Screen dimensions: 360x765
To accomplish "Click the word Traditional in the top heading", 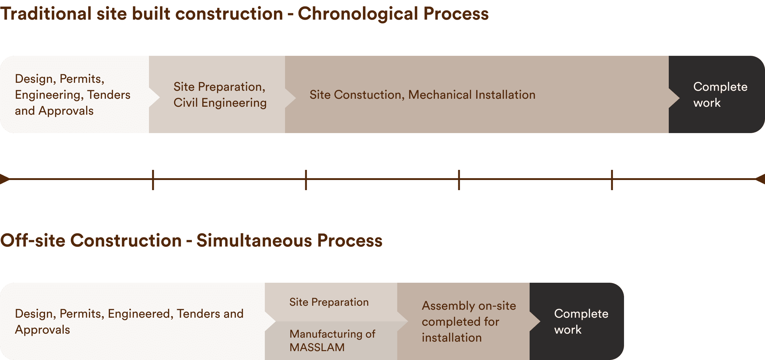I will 46,14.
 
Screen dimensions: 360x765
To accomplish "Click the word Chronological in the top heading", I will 358,14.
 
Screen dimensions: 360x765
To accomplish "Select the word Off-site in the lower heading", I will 33,240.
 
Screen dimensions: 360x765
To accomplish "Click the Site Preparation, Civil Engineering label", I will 220,95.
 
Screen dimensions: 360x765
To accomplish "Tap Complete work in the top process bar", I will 720,95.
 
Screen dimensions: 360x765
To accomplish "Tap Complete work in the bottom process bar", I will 581,322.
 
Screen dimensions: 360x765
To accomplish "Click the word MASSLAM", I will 317,348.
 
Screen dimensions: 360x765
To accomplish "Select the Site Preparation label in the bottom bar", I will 329,302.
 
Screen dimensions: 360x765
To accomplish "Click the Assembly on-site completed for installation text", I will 469,322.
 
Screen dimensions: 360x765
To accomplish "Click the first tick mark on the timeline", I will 153,180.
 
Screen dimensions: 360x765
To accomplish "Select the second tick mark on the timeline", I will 306,180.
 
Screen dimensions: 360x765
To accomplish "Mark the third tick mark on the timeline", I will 459,180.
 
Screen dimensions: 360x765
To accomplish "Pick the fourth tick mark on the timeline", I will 612,180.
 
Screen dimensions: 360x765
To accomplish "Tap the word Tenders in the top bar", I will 109,95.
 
